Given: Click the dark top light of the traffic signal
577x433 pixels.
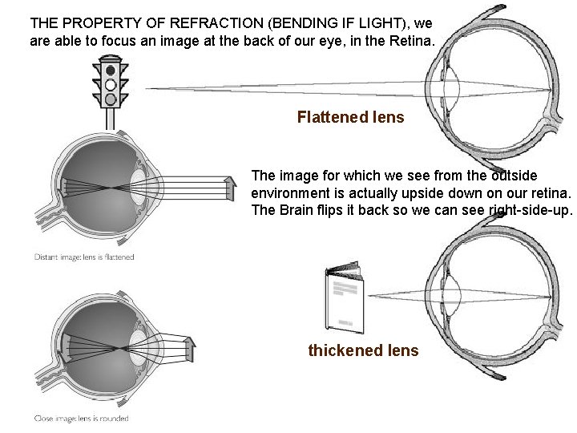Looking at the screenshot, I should [110, 70].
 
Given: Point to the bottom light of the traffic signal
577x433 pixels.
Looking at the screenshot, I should [110, 98].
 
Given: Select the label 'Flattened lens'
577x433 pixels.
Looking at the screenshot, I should [350, 118].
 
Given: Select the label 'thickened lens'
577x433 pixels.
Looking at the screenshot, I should [363, 350].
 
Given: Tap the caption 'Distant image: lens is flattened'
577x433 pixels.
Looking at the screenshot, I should [84, 257].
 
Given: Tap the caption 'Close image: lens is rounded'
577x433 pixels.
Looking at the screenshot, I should [81, 418].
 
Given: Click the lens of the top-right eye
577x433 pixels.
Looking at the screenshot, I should [452, 87].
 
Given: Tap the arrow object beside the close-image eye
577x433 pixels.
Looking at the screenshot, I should [190, 347].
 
